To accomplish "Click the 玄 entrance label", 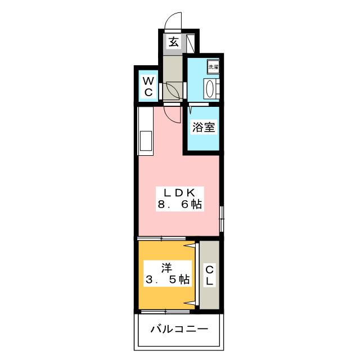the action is [174, 42].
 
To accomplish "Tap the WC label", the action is [148, 87].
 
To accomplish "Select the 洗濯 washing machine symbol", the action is [213, 67].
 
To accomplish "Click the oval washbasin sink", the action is [210, 89].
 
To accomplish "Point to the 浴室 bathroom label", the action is [204, 127].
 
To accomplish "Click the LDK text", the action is [180, 192].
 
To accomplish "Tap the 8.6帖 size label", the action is [180, 204].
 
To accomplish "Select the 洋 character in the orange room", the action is [166, 268].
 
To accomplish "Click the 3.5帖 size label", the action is [168, 280].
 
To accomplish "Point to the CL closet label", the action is [209, 275].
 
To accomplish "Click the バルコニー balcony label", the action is [179, 329].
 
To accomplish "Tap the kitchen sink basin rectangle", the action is [146, 141].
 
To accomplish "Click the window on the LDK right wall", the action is [222, 219].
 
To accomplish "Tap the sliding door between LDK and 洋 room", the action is [161, 238].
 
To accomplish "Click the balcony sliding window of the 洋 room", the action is [165, 312].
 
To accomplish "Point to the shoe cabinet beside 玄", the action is [191, 43].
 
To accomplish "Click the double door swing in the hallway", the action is [173, 91].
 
